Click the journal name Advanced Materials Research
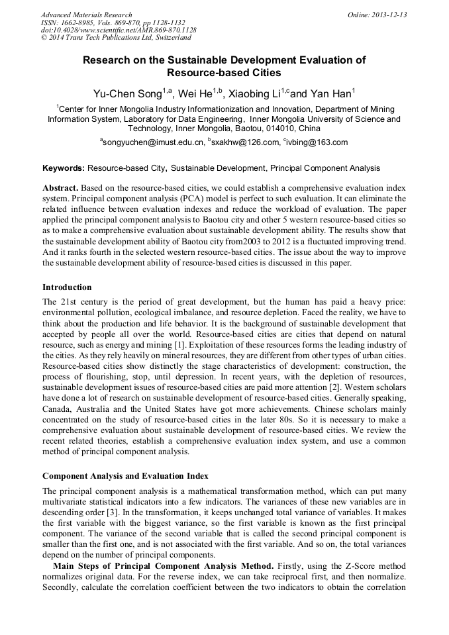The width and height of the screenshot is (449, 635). pos(86,15)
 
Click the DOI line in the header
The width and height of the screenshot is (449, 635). pos(119,30)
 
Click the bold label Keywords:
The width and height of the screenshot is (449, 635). pos(64,169)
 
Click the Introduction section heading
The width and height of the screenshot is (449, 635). pos(67,287)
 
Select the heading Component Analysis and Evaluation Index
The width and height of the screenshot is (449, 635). pos(125,476)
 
